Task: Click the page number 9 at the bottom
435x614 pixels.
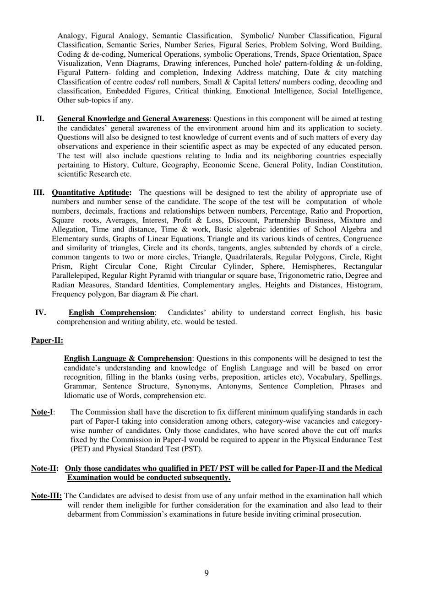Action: (207, 573)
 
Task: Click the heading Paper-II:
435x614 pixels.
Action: (47, 340)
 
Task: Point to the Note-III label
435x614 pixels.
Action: (46, 496)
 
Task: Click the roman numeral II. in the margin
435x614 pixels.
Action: (40, 119)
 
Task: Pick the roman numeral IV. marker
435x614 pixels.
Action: (40, 313)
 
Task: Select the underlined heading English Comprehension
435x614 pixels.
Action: (111, 313)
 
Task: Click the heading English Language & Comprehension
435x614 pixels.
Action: (128, 359)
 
